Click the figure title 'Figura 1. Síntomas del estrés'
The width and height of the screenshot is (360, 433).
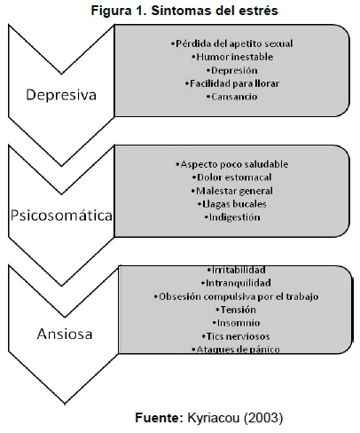pyautogui.click(x=184, y=11)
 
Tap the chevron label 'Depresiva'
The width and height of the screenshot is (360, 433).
pyautogui.click(x=61, y=95)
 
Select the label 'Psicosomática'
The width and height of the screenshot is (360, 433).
pyautogui.click(x=61, y=216)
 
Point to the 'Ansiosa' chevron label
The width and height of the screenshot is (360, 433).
pyautogui.click(x=65, y=335)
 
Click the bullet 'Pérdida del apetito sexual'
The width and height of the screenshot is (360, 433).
pyautogui.click(x=232, y=43)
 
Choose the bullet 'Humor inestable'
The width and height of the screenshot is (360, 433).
pyautogui.click(x=232, y=57)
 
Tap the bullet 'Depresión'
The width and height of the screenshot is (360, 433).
pyautogui.click(x=232, y=70)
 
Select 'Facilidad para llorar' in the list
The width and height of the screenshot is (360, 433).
pyautogui.click(x=232, y=83)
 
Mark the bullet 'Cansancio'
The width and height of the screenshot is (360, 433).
pyautogui.click(x=232, y=97)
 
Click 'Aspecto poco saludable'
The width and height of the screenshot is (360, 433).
pyautogui.click(x=232, y=164)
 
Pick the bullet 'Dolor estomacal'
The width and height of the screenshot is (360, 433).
pyautogui.click(x=232, y=177)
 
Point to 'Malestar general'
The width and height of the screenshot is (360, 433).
pyautogui.click(x=232, y=191)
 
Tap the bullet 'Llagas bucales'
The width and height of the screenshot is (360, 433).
pyautogui.click(x=232, y=204)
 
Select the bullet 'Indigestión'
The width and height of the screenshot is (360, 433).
pyautogui.click(x=232, y=217)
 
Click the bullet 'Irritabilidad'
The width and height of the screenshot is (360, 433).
pyautogui.click(x=236, y=270)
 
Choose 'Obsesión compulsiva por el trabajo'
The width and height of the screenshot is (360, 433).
pyautogui.click(x=236, y=296)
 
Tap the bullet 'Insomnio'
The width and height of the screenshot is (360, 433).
pyautogui.click(x=236, y=323)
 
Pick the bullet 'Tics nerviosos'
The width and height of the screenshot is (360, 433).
pyautogui.click(x=236, y=336)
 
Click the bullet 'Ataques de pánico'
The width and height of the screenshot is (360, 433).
pyautogui.click(x=236, y=350)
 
